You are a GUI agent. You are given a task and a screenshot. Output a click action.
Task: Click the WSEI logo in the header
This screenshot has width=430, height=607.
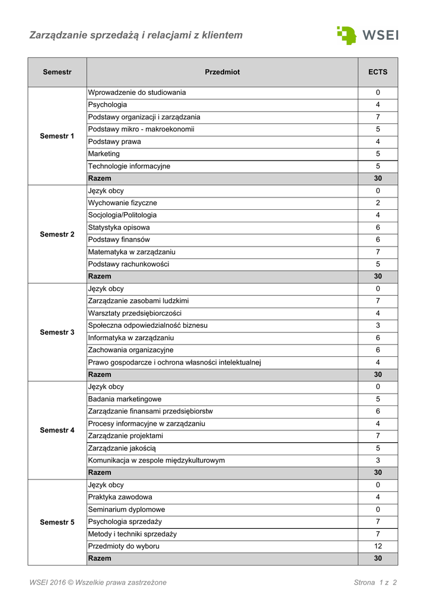point(367,35)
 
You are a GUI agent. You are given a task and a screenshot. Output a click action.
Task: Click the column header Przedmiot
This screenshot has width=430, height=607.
point(222,72)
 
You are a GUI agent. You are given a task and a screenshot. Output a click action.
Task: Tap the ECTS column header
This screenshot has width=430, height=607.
point(378,72)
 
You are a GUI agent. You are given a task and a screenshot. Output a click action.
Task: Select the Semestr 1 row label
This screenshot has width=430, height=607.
point(57,136)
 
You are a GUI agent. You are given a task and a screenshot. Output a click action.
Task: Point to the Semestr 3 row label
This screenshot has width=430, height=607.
point(57,332)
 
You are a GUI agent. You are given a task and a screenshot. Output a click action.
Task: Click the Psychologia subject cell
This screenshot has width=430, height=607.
point(107,105)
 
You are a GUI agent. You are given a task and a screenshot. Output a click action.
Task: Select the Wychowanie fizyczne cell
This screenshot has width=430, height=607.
point(122,203)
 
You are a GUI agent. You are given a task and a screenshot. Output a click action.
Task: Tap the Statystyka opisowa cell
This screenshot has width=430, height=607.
point(119,228)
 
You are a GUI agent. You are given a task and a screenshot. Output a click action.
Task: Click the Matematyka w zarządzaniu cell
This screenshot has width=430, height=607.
point(132,252)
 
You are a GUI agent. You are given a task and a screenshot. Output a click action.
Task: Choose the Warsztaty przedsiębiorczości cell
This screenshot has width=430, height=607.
point(135,313)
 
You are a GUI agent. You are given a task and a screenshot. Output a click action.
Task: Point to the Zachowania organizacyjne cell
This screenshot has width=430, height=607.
point(130,350)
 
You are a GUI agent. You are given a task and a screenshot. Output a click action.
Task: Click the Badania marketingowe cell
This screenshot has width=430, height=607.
point(125,399)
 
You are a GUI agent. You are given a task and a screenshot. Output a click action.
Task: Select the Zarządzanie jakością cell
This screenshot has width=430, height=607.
point(122,448)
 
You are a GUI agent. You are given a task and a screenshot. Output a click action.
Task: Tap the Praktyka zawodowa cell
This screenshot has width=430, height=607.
point(120,497)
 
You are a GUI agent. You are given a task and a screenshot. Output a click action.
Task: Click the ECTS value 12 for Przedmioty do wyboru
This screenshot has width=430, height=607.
point(378,546)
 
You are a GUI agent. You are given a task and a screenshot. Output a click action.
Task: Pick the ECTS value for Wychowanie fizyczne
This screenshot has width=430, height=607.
point(378,203)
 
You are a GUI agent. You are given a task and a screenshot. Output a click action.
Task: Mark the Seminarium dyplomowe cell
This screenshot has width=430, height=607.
point(126,509)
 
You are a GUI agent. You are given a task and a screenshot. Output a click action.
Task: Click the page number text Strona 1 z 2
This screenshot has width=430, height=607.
point(375,582)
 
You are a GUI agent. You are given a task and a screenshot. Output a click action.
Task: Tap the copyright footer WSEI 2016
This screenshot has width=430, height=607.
point(98,582)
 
